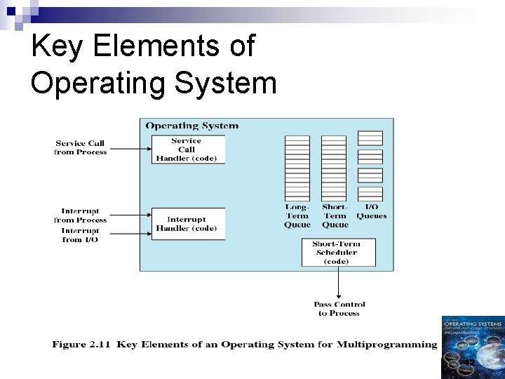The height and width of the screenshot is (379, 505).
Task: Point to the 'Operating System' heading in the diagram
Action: [x=191, y=126]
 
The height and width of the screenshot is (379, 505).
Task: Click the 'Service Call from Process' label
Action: [x=81, y=147]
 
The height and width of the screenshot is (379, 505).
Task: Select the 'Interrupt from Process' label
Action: [x=81, y=215]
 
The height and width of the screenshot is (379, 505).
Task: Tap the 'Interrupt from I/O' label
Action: [x=81, y=235]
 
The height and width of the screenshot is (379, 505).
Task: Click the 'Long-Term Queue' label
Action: [x=297, y=215]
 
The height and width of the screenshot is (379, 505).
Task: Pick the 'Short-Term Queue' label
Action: [x=335, y=215]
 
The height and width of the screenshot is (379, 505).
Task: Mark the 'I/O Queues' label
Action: [x=371, y=211]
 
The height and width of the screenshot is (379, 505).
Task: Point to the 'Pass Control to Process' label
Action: [x=339, y=309]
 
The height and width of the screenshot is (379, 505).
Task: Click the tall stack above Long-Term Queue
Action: [x=297, y=168]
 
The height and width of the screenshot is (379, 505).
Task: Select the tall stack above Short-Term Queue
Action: [x=334, y=168]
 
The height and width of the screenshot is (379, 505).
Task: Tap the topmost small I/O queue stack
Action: [x=370, y=138]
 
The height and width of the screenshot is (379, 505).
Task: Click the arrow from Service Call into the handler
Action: [x=130, y=148]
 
